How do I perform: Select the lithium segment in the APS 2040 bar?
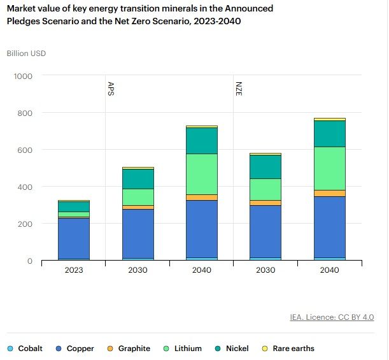[x=201, y=174]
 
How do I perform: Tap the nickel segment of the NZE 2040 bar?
[x=329, y=133]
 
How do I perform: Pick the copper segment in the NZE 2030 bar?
[x=265, y=231]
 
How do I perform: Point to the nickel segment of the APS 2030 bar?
[x=138, y=178]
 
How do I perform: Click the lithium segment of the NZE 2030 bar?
[x=265, y=189]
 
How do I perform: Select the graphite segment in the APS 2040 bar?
[x=201, y=198]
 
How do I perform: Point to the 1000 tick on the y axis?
[x=24, y=76]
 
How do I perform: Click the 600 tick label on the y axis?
[x=25, y=150]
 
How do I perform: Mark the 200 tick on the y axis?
[x=25, y=224]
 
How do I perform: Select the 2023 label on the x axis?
[x=74, y=270]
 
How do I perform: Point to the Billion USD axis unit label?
[x=26, y=53]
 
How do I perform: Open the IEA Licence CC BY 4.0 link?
[x=332, y=317]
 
